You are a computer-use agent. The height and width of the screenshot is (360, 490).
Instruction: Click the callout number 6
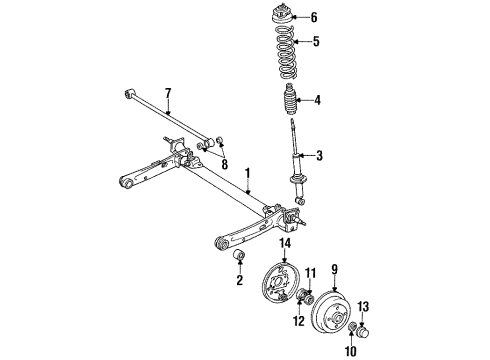click(313, 17)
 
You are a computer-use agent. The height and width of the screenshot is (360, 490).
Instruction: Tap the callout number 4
click(316, 100)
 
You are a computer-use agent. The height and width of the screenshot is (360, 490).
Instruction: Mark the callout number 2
click(239, 281)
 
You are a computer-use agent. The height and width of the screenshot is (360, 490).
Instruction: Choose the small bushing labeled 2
click(240, 262)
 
